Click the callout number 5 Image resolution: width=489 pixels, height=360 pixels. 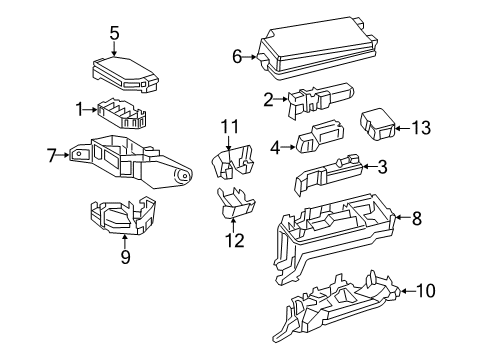click(114, 33)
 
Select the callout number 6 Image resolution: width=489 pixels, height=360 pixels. click(238, 57)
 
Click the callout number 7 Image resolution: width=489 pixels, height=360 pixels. click(52, 155)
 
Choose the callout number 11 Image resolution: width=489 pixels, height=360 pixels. click(231, 126)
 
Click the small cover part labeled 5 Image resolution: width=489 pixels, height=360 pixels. click(121, 69)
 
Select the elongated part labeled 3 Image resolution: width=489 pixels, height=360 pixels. click(329, 172)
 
